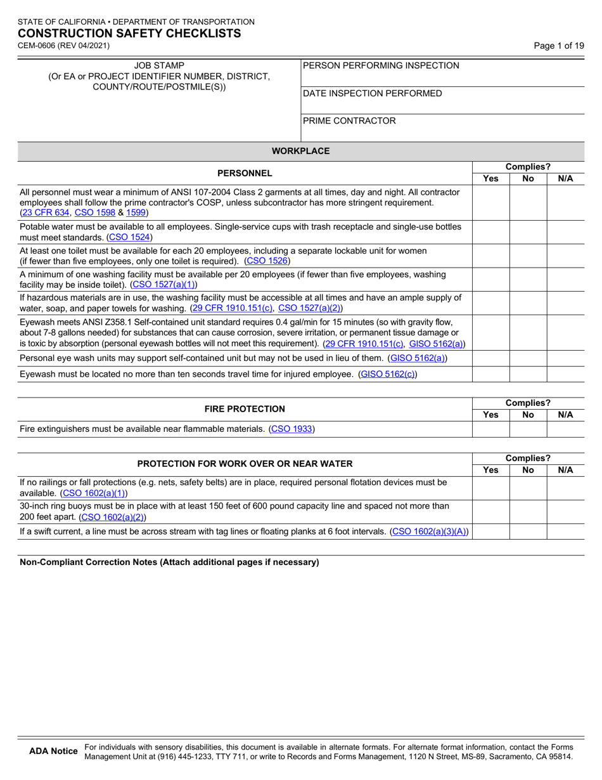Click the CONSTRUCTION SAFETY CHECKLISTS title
129,34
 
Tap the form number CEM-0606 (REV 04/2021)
63,46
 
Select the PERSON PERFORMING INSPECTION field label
381,65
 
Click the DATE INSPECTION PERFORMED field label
373,93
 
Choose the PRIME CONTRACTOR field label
350,120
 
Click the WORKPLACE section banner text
300,151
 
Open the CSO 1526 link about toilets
267,261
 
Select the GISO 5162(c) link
387,374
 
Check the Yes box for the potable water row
490,232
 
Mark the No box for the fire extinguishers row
528,429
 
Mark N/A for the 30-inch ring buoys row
565,512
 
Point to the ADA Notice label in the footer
54,751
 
